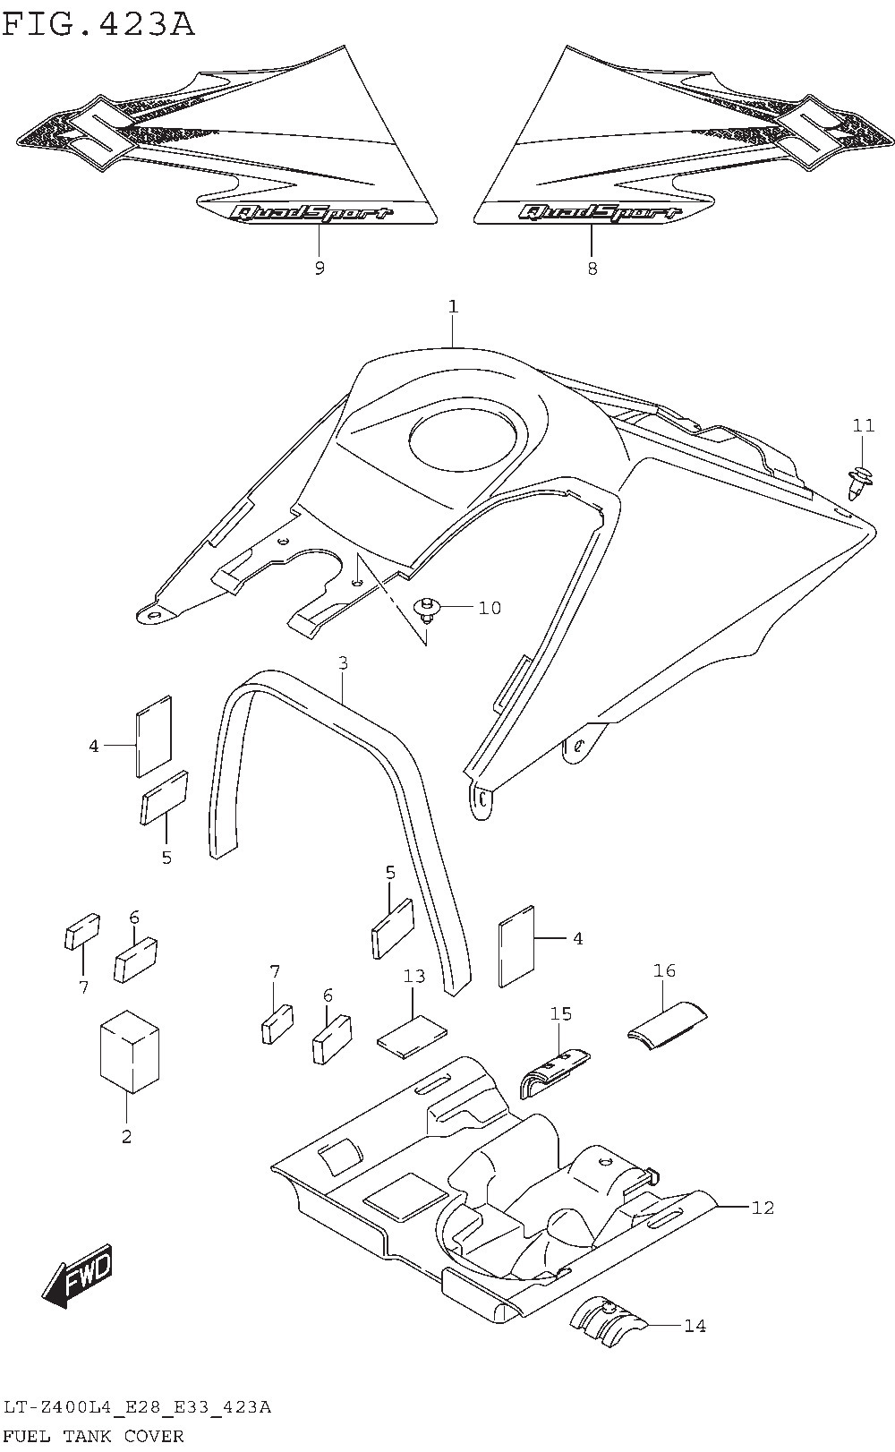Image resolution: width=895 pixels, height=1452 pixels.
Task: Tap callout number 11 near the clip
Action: point(863,426)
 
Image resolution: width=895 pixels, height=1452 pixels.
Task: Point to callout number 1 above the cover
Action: point(453,307)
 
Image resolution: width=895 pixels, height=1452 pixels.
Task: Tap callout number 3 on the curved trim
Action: point(343,663)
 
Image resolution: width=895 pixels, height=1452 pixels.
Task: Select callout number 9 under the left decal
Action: point(320,268)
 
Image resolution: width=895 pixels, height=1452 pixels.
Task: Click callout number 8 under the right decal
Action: point(592,268)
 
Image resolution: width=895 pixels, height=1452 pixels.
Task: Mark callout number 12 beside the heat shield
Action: point(762,1208)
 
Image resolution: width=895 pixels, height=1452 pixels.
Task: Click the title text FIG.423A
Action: point(98,23)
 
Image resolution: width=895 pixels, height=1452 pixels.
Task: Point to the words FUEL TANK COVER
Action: point(94,1436)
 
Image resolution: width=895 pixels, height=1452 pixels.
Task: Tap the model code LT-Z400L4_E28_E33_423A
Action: point(136,1408)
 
